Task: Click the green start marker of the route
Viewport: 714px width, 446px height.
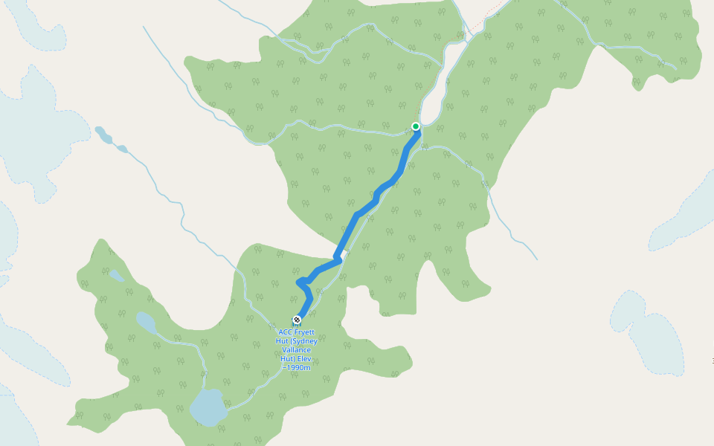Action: (416, 126)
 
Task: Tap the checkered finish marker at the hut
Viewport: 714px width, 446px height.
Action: (297, 320)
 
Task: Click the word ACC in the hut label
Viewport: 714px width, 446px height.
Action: (285, 332)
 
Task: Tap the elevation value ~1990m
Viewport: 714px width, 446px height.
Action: (296, 368)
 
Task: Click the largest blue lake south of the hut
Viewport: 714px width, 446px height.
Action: (208, 407)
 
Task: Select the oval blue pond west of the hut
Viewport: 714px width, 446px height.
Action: (146, 323)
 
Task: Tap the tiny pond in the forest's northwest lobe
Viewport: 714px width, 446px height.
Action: (116, 276)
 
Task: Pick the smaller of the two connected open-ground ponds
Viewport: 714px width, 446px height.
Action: (122, 149)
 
